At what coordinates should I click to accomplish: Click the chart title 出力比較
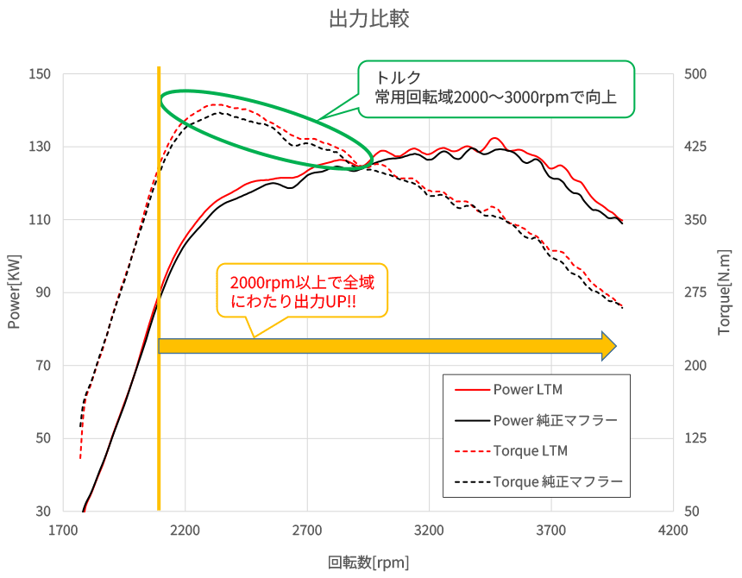368,19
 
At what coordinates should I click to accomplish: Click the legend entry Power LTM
528,390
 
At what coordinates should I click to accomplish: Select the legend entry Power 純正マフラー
555,420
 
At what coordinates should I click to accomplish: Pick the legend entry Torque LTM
530,451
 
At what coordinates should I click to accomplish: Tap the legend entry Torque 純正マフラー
558,482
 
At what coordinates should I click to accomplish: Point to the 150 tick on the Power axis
40,74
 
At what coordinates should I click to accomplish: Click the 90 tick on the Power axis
43,292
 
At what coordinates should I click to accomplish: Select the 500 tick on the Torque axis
695,74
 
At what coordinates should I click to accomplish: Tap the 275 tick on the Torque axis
695,292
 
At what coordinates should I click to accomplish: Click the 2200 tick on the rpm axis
185,531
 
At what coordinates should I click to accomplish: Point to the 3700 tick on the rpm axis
551,531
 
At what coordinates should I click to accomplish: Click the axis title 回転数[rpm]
368,562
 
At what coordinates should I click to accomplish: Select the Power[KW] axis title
14,292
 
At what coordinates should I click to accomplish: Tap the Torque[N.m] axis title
724,292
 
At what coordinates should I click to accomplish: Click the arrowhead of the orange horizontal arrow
608,346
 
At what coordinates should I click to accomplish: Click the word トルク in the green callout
398,78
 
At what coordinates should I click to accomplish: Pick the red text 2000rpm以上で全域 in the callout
302,282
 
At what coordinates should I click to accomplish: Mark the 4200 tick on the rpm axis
673,531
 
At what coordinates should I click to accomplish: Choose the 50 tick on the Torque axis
692,512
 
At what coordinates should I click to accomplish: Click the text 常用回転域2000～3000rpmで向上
495,97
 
